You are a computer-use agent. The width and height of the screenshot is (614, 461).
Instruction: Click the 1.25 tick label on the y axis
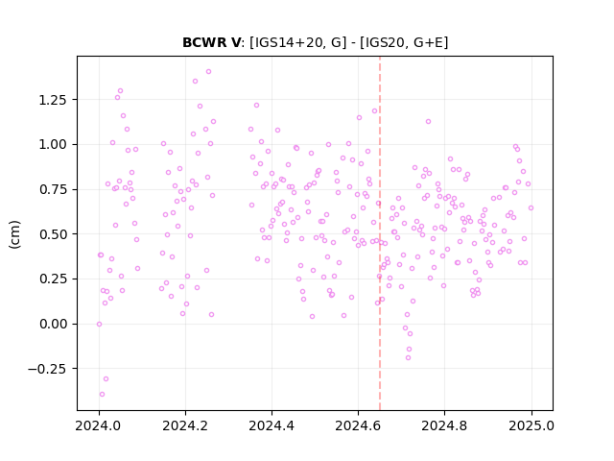coord(53,100)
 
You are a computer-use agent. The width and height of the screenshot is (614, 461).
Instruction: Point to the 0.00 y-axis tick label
coord(53,325)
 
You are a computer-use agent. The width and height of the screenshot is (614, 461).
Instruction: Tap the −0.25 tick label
coord(47,369)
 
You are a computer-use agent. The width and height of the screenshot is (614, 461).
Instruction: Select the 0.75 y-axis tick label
coord(53,190)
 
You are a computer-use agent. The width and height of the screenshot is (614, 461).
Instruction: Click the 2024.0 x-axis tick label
coord(99,425)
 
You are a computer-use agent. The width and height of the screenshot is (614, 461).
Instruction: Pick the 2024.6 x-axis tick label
coord(358,425)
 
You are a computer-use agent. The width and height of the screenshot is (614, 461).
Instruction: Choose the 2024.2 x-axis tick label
coord(185,425)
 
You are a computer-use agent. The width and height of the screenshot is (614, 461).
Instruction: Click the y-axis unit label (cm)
coord(14,234)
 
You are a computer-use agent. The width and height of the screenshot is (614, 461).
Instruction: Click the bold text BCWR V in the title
coord(211,42)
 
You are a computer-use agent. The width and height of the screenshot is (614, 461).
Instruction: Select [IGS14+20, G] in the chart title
coord(298,42)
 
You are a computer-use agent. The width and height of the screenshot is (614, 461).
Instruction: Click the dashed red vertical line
coord(380,233)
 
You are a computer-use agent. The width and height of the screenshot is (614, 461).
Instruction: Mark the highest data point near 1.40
coord(209,72)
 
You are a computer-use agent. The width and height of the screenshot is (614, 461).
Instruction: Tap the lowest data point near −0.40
coord(103,395)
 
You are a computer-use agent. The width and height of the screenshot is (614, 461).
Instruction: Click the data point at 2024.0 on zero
coord(99,325)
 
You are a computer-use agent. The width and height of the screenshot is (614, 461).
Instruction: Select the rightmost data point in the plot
coord(531,207)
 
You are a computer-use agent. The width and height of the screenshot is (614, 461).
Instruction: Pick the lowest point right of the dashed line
coord(408,358)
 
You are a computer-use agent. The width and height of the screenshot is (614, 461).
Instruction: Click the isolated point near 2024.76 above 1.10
coord(429,122)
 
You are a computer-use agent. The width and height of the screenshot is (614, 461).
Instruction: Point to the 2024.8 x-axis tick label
coord(444,425)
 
